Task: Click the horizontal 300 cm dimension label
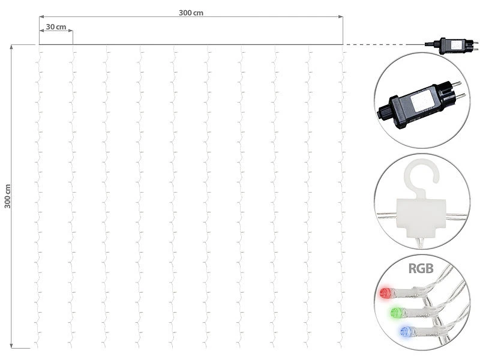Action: pyautogui.click(x=191, y=13)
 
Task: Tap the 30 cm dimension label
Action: pyautogui.click(x=56, y=27)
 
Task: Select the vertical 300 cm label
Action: pyautogui.click(x=7, y=196)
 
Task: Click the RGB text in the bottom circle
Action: pyautogui.click(x=421, y=268)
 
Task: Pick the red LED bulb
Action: pyautogui.click(x=384, y=293)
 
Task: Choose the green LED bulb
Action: pyautogui.click(x=394, y=313)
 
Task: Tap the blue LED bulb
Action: pyautogui.click(x=404, y=332)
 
